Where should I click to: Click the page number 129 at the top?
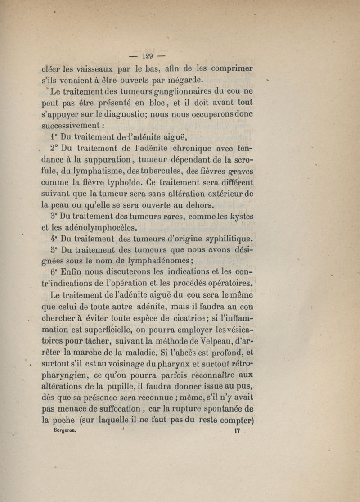[x=148, y=56]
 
